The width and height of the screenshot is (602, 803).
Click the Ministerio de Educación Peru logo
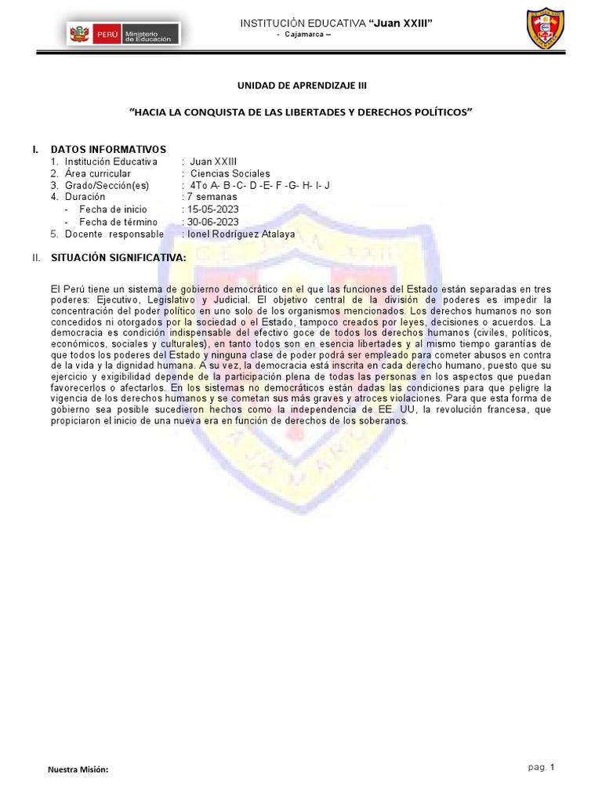[x=124, y=35]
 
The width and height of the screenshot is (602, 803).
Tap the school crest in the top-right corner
[x=546, y=29]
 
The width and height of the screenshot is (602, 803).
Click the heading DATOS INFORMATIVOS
[x=108, y=149]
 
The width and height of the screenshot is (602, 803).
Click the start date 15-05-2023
[x=212, y=209]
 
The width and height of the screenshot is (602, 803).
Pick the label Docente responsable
[x=114, y=234]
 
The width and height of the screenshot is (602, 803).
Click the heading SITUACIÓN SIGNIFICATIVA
[x=118, y=257]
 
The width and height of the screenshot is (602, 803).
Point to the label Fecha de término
[x=118, y=222]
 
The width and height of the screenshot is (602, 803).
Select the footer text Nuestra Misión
[x=78, y=769]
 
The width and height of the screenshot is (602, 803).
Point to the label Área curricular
[x=98, y=173]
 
